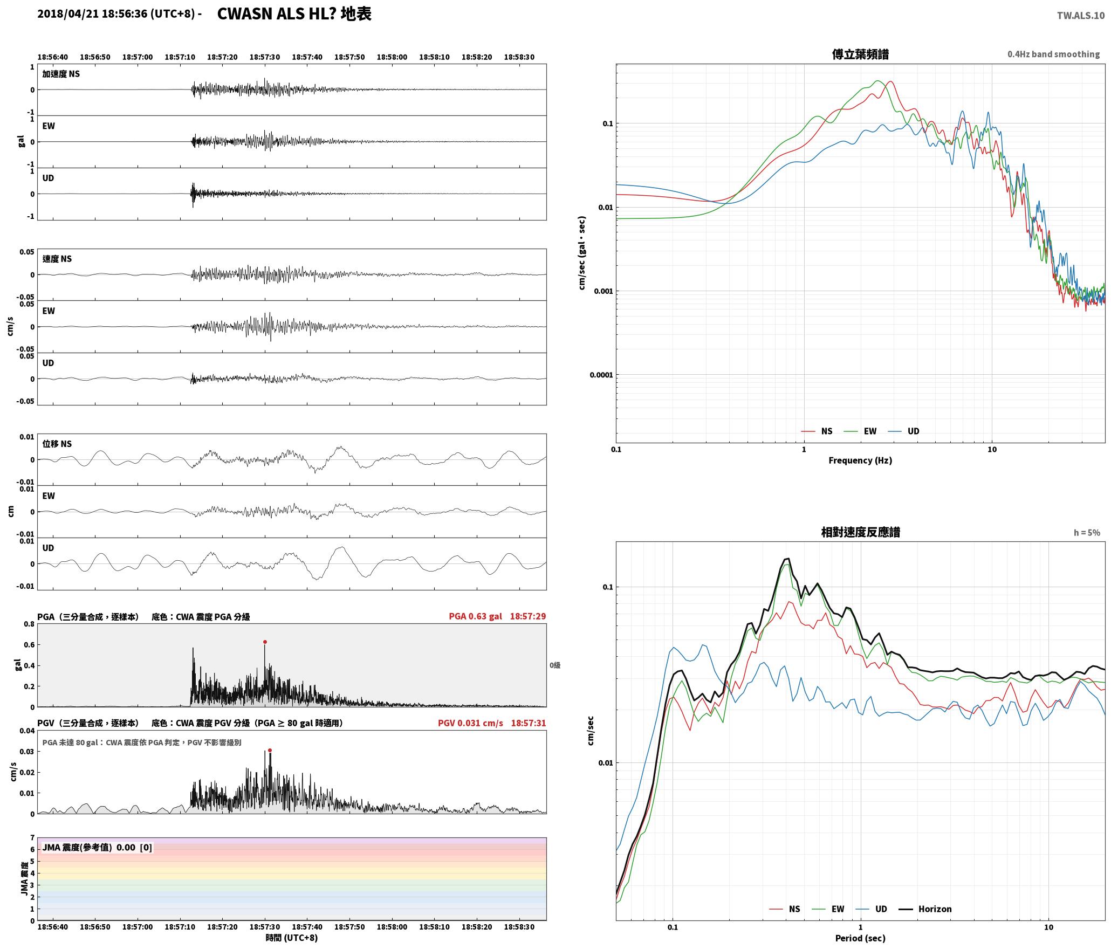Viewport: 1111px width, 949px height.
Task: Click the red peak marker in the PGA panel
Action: [265, 642]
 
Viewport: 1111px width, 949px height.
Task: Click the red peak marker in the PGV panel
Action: [270, 750]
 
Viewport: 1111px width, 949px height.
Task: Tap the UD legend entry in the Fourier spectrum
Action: [904, 431]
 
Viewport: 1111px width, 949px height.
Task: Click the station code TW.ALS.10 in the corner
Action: [1081, 16]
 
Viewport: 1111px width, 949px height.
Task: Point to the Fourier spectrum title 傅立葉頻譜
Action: [860, 54]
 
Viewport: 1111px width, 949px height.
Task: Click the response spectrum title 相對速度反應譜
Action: [860, 532]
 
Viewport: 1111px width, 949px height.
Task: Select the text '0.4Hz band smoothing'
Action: [1053, 54]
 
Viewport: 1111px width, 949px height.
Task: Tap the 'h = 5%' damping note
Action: [1087, 532]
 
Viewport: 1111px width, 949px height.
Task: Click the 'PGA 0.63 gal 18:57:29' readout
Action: [497, 616]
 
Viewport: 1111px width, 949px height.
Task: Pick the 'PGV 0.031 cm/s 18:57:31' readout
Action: [492, 723]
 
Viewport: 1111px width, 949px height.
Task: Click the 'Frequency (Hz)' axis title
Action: [860, 460]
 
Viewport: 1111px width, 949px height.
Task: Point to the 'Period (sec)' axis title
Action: [860, 938]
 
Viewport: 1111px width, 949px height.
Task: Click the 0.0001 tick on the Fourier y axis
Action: [600, 375]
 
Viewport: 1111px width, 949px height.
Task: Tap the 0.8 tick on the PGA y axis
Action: [29, 624]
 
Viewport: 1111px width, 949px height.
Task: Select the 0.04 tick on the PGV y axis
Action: [27, 731]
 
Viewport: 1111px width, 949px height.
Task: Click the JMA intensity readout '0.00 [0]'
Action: [134, 847]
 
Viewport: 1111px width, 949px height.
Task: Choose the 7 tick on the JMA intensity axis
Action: [32, 837]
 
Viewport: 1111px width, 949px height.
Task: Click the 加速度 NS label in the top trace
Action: [61, 74]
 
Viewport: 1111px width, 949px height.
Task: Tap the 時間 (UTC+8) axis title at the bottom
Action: [292, 938]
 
